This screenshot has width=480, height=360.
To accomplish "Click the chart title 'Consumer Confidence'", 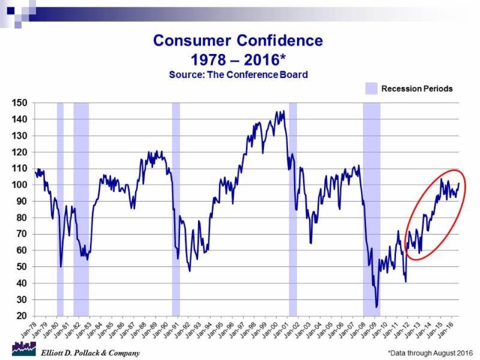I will point(238,41).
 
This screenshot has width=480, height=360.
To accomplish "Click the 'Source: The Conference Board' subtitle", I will point(238,75).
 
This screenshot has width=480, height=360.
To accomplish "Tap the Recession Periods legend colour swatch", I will point(372,89).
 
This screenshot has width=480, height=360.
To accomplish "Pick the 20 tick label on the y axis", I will point(22,316).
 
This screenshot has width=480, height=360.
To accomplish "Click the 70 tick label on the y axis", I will point(22,234).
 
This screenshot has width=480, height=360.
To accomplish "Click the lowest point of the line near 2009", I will point(377,307).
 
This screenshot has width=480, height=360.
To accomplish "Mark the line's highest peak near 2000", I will point(283,111).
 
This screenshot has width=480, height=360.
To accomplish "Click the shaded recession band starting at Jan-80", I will point(60,210).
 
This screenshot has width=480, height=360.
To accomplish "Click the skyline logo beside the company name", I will point(23,349).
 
